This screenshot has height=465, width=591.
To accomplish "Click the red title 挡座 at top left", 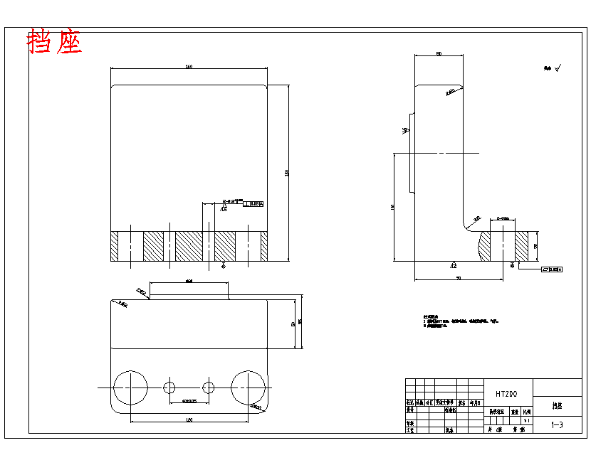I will point(55,43).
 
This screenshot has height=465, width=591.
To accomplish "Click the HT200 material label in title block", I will point(506,393).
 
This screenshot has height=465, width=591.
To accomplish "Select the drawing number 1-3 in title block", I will point(558,425).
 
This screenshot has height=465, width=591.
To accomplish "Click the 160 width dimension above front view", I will point(189,67).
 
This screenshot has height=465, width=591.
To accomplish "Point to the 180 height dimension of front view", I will point(287,172).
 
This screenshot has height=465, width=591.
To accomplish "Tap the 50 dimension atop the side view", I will point(439,54).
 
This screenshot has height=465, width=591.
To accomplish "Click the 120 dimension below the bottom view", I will point(189,421).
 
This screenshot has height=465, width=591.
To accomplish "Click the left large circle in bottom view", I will point(131,387).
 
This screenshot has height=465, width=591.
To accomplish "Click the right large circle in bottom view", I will point(249,387).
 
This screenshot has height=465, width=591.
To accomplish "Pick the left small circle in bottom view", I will point(169,387).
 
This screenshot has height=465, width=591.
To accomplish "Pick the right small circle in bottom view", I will point(209,387).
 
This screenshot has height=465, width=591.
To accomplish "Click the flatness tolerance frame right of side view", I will point(552,269).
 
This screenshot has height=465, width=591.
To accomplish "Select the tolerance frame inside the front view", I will point(253,204).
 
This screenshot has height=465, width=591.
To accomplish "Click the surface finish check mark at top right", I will point(558,68).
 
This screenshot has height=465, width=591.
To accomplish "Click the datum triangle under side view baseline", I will point(453,264).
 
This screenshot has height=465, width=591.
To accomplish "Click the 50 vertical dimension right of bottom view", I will point(293,324).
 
